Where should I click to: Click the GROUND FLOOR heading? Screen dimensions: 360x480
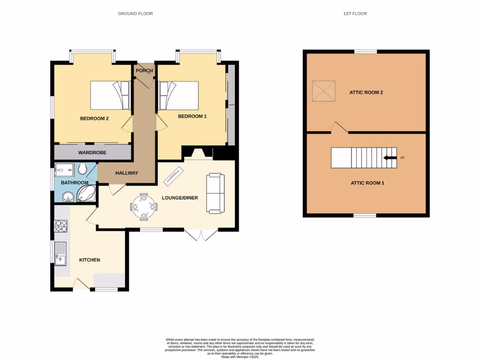(135, 14)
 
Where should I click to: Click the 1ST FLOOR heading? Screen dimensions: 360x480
(355, 14)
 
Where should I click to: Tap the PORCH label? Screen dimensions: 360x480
(144, 71)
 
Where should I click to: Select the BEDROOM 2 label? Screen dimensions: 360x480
(94, 119)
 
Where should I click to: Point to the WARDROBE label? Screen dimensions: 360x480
(92, 153)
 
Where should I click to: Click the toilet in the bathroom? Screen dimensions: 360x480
(83, 168)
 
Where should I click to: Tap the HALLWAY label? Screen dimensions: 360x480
(127, 173)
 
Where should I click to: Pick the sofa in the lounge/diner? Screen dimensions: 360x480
(215, 193)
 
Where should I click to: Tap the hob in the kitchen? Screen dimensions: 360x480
(61, 226)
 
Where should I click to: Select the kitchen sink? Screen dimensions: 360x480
(61, 254)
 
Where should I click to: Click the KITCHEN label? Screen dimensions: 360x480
(89, 260)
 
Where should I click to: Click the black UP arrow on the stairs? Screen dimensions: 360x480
(390, 158)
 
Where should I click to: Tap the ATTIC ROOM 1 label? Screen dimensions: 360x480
(367, 183)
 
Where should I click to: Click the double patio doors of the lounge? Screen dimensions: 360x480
(201, 235)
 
